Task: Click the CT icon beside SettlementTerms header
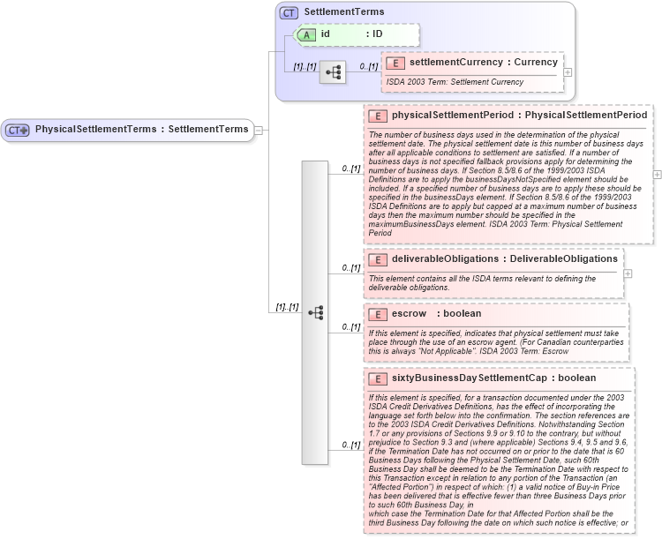click(289, 12)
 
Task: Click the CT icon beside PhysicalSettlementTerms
click(18, 130)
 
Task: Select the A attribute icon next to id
click(305, 34)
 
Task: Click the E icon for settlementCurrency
click(395, 63)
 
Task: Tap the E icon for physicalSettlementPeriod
click(378, 116)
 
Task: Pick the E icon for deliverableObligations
click(378, 259)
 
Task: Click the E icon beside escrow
click(378, 314)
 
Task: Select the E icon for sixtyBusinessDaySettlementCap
click(378, 378)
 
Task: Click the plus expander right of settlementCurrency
click(568, 72)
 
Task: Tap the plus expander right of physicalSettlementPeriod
click(657, 175)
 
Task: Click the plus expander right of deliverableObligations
click(628, 273)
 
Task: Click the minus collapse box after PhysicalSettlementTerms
click(259, 131)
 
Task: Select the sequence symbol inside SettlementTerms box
click(332, 71)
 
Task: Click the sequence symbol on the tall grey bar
click(315, 312)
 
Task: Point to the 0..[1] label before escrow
click(351, 326)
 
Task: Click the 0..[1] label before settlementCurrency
click(368, 66)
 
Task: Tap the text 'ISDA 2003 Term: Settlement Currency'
click(455, 82)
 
